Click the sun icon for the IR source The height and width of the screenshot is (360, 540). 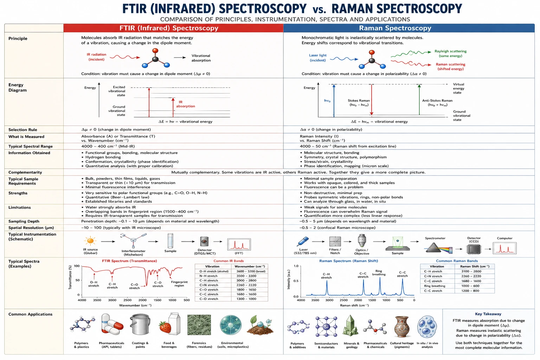(x=90, y=241)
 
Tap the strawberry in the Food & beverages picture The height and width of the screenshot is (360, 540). (x=165, y=327)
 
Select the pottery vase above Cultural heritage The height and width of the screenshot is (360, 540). (x=401, y=327)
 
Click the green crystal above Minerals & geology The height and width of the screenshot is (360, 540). (x=351, y=326)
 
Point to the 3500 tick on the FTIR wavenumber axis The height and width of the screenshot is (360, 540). (x=97, y=300)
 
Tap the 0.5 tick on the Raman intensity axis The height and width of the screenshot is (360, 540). (x=296, y=281)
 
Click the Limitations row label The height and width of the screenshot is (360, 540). (x=20, y=207)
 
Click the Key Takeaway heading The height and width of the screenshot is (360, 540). (x=488, y=314)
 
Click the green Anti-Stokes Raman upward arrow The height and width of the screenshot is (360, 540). (x=419, y=99)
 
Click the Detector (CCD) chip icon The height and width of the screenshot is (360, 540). (x=474, y=249)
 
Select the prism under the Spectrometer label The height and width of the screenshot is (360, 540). (x=433, y=248)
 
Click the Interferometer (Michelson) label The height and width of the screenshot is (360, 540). (x=133, y=253)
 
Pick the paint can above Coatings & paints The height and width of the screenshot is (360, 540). (x=140, y=324)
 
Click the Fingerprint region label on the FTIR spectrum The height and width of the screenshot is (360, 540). (x=179, y=284)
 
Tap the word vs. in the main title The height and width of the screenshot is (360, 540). (x=319, y=10)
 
